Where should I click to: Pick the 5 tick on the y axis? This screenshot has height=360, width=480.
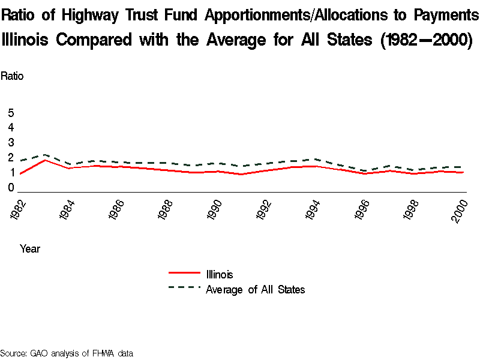(11, 113)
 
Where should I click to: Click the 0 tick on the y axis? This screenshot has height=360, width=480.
(11, 188)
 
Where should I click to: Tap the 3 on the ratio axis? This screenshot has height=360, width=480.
(11, 143)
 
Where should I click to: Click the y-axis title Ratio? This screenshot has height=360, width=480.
(12, 76)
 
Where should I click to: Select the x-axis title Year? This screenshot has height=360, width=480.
(30, 248)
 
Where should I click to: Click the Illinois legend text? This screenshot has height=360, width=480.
(220, 275)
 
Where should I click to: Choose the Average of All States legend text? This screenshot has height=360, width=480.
(256, 290)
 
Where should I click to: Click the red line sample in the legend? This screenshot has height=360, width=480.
(184, 273)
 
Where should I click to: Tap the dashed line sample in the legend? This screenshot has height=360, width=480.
(184, 287)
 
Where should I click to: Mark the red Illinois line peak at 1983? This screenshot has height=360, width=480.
(46, 160)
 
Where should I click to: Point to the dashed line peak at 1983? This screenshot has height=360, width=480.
(46, 154)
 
